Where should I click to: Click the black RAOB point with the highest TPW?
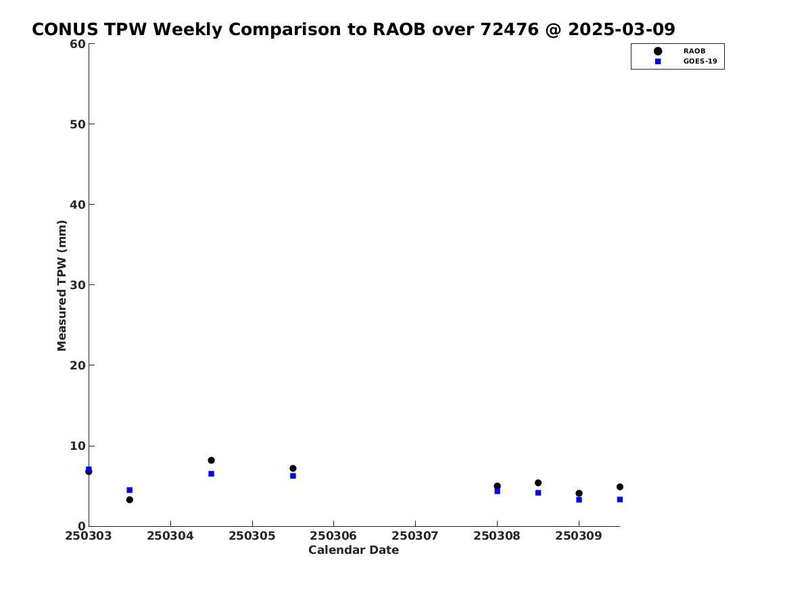click(212, 461)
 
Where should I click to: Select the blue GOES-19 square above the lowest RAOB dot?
click(129, 490)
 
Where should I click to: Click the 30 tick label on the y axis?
click(78, 285)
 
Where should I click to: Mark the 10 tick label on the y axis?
click(78, 446)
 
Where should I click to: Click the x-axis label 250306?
click(333, 536)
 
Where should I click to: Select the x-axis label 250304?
click(170, 536)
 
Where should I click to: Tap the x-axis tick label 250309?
click(579, 536)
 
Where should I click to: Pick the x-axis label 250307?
click(415, 536)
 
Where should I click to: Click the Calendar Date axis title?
click(354, 550)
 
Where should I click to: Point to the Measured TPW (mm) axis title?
click(62, 286)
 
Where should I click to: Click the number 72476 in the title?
click(509, 29)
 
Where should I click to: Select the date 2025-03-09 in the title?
click(621, 29)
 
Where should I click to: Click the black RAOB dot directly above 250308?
click(497, 486)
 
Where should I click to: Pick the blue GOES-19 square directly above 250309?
click(579, 500)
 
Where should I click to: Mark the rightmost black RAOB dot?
click(619, 487)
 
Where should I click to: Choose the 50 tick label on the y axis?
click(78, 124)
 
